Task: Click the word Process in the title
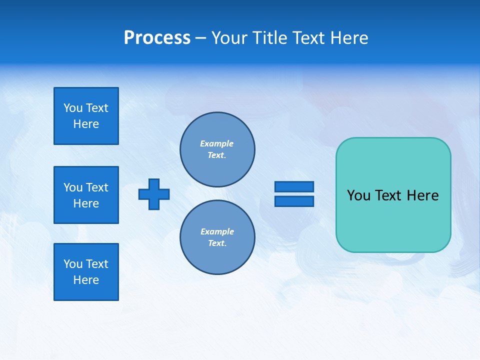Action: [157, 38]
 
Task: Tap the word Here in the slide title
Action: [348, 38]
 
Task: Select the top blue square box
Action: [86, 116]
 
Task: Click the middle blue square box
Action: [86, 195]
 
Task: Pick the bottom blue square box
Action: [86, 272]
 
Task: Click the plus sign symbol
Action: [154, 194]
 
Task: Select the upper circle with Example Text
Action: [217, 149]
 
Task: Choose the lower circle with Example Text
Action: [217, 237]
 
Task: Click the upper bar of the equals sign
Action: [294, 186]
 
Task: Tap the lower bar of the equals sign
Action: [294, 201]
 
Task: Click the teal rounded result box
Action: [393, 220]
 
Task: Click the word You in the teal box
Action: [358, 195]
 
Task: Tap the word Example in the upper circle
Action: [217, 143]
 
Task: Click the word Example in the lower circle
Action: [217, 231]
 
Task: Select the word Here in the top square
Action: [86, 124]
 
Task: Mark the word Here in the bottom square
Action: [86, 280]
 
